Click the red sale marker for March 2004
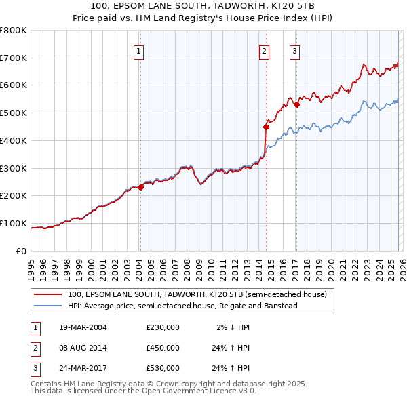coord(140,187)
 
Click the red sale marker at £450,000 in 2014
coord(266,126)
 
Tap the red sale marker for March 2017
coord(296,104)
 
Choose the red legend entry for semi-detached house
coord(197,294)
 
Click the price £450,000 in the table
coord(163,348)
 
